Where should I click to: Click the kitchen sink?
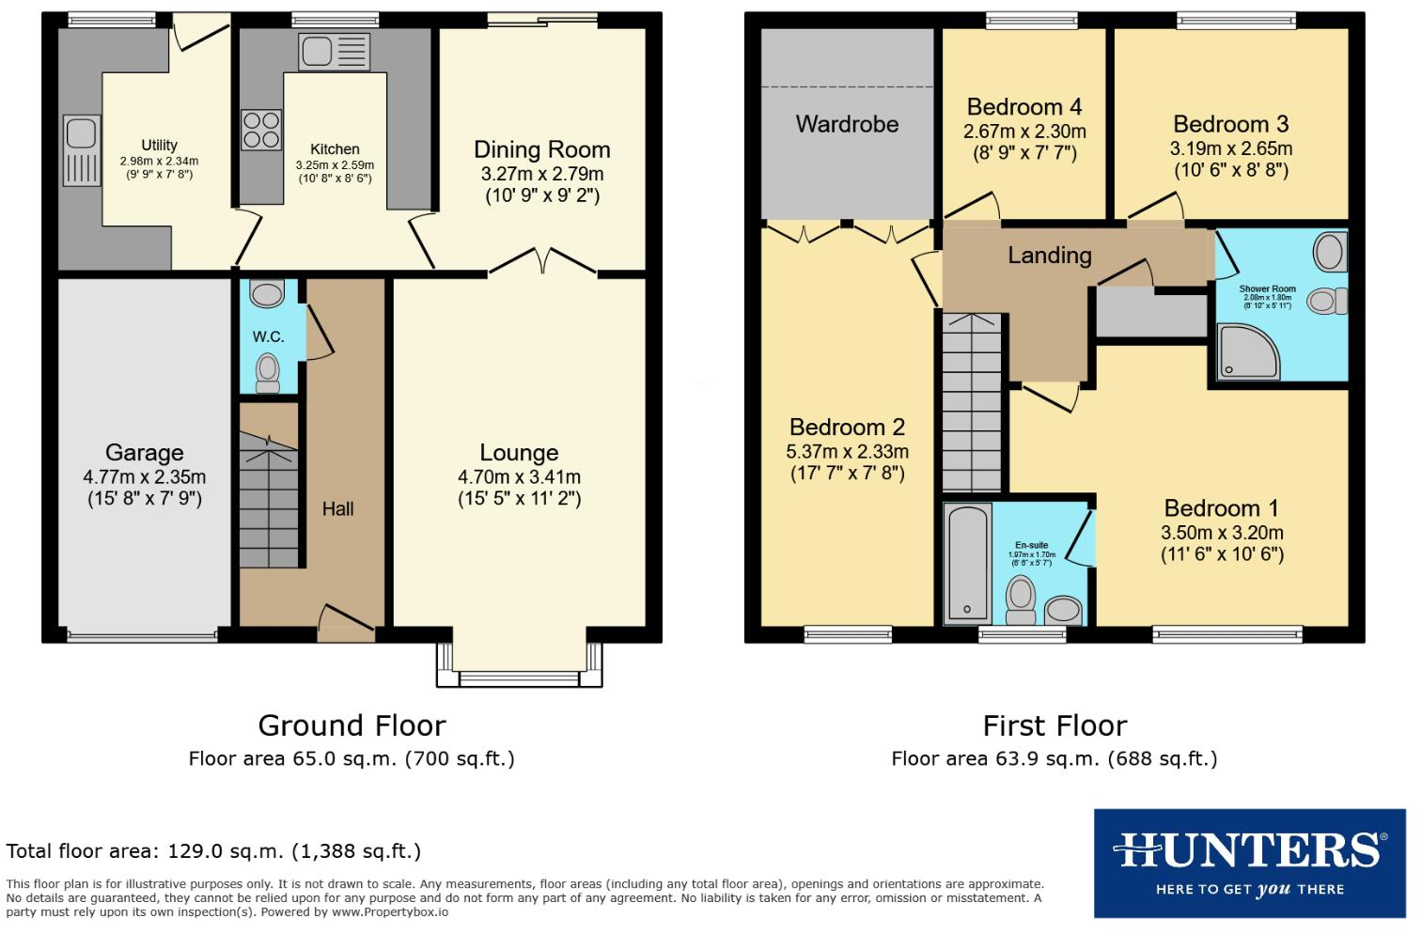334,52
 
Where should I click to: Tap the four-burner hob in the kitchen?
261,130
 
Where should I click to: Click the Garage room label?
144,453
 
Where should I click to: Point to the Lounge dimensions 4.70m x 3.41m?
519,477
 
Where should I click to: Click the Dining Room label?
541,150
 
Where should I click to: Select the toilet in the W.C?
268,371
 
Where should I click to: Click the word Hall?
337,509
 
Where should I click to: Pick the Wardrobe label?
847,125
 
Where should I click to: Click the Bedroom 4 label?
1024,107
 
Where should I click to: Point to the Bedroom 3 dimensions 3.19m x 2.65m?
1230,149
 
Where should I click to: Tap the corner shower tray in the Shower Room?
1246,351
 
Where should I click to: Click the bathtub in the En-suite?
967,563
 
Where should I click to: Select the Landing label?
1049,256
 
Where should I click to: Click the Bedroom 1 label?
1221,508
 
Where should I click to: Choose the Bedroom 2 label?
847,428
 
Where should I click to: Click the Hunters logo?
1249,863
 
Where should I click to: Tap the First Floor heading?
1055,726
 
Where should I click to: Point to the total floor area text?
213,852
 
